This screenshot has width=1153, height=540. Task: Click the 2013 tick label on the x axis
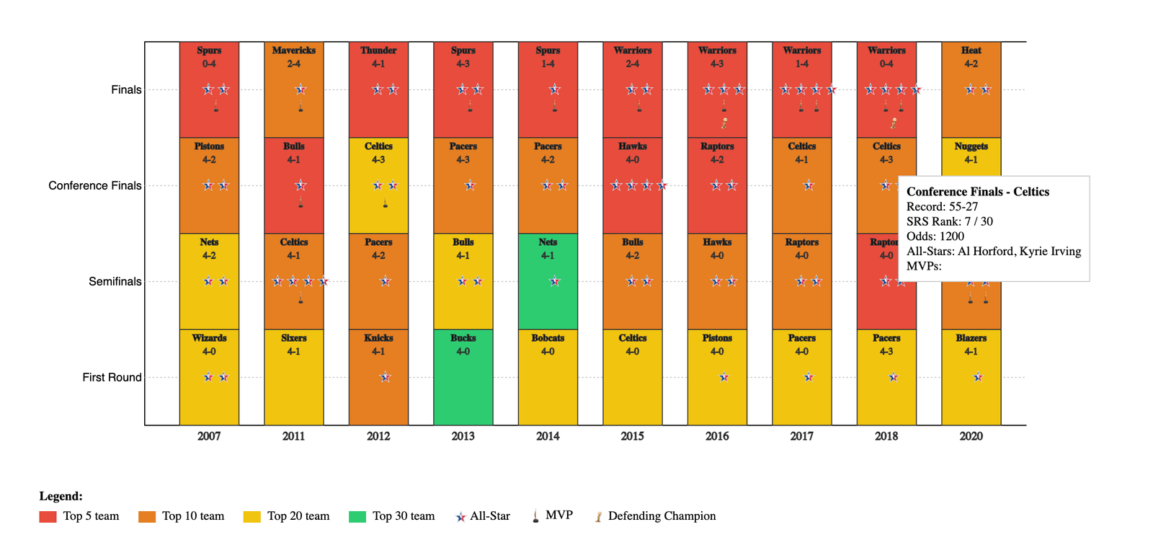(463, 436)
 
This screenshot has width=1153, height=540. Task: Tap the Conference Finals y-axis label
(95, 186)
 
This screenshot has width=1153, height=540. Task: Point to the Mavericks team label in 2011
(293, 50)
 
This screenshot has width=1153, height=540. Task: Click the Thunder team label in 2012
(378, 50)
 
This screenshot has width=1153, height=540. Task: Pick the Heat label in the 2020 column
(971, 50)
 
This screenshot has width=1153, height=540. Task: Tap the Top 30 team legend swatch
(357, 516)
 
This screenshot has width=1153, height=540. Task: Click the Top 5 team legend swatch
(48, 516)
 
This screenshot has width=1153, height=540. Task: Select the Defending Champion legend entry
(662, 516)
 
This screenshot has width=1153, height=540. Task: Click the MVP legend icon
(535, 515)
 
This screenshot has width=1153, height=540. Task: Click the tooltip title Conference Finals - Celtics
(977, 192)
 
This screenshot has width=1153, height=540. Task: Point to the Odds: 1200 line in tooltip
(935, 236)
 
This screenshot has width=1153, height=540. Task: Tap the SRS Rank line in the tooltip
(949, 221)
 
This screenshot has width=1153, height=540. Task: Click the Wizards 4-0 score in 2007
(209, 352)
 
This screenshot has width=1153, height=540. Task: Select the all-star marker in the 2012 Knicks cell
(386, 377)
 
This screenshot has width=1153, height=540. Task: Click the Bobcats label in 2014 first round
(548, 338)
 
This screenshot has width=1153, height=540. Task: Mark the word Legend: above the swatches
(61, 496)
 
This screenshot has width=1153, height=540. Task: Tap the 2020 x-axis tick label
(971, 436)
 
